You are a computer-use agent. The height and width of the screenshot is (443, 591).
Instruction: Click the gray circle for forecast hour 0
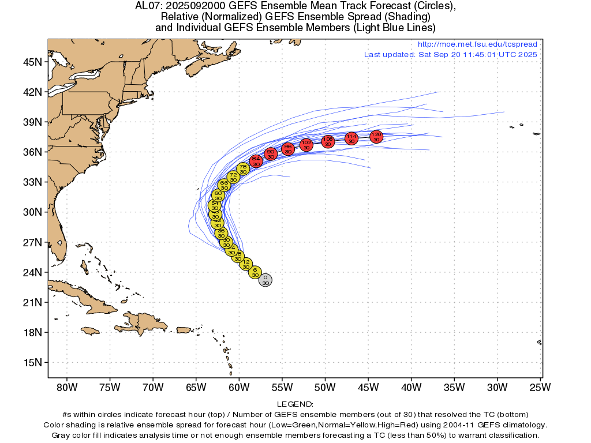point(265,280)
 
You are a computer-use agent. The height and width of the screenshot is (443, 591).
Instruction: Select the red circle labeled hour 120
point(376,137)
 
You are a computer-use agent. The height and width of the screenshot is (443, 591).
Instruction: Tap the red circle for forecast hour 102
point(306,145)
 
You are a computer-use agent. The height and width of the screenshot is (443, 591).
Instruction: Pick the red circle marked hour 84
point(256,162)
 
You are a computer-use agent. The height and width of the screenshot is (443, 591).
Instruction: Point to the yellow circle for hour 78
point(243,169)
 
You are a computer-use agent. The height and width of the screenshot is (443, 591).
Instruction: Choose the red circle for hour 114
point(351,138)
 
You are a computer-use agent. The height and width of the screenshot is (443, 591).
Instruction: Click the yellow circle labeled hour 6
point(255,272)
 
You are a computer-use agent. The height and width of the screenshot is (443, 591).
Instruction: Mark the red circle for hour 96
point(288,149)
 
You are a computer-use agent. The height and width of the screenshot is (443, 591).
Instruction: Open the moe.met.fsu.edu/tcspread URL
point(477,44)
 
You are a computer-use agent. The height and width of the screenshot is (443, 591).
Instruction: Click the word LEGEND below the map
point(295,405)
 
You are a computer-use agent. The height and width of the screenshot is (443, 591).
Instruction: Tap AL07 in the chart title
point(147,6)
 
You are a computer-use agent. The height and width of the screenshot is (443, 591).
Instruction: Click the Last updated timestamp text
point(450,54)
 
